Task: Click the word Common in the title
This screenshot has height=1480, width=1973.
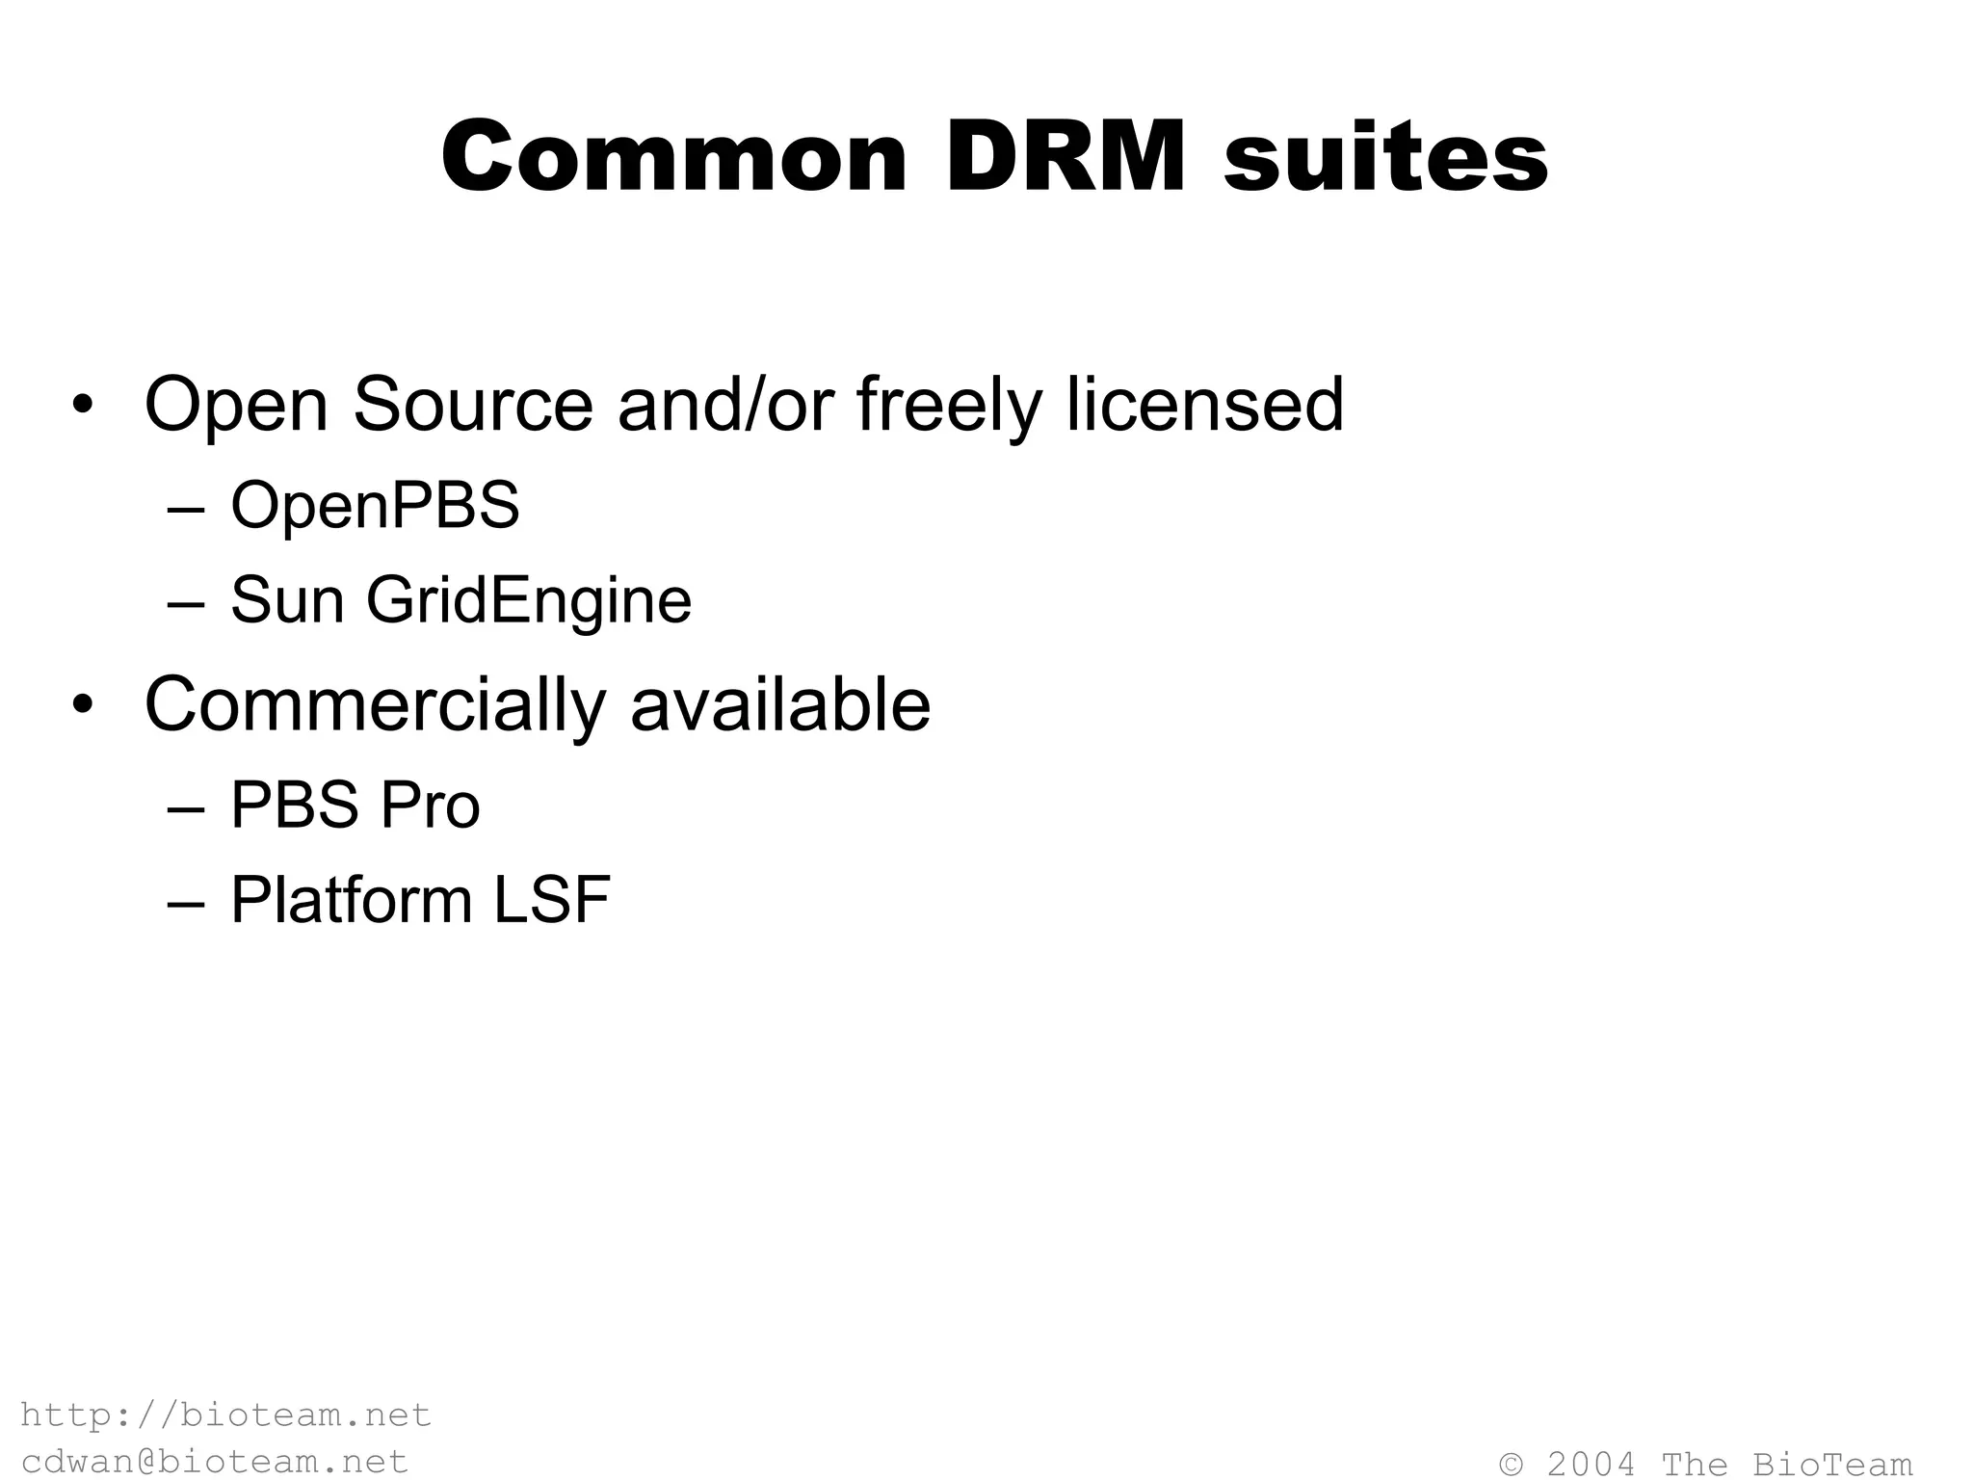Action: coord(674,157)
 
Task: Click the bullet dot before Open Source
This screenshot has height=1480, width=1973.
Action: coord(84,405)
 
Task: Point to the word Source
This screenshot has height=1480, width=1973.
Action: coord(472,405)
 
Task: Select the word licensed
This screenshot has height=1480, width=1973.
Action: coord(1204,405)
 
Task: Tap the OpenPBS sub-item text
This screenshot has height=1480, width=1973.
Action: coord(375,505)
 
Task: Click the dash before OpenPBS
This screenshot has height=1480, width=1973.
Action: coord(185,508)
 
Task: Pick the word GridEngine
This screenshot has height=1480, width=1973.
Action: coord(528,600)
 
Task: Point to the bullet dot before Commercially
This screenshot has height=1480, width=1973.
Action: coord(84,705)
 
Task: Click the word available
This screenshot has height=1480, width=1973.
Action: coord(780,705)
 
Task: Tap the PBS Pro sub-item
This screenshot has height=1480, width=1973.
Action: coord(355,805)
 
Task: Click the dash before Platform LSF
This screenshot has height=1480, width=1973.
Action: coord(185,903)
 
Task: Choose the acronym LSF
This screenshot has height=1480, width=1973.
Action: coord(552,900)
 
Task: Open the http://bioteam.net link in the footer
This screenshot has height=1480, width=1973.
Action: coord(225,1414)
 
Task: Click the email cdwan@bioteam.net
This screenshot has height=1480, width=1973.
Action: coord(214,1461)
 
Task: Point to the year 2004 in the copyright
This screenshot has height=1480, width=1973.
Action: coord(1591,1464)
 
